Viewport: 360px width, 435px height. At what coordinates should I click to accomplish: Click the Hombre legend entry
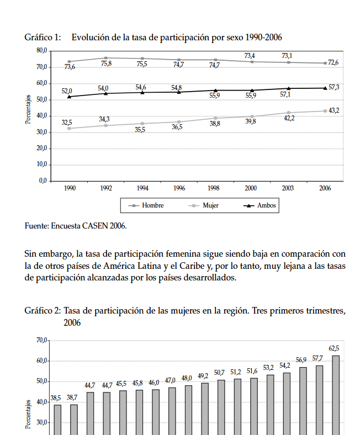pyautogui.click(x=147, y=205)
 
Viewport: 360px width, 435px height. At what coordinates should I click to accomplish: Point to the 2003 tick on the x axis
pyautogui.click(x=287, y=188)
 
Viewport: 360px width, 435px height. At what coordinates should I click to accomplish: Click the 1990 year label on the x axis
pyautogui.click(x=69, y=188)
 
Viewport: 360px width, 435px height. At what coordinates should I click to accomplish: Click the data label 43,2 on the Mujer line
pyautogui.click(x=333, y=110)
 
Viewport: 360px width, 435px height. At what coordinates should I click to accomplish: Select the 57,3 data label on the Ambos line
pyautogui.click(x=333, y=87)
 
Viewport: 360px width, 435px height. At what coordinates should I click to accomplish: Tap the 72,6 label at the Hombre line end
pyautogui.click(x=333, y=62)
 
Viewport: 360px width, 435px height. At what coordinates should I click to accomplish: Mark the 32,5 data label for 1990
pyautogui.click(x=67, y=122)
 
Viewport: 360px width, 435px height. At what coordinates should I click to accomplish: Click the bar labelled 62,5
pyautogui.click(x=335, y=395)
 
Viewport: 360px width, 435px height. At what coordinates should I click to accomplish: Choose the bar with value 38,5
pyautogui.click(x=57, y=420)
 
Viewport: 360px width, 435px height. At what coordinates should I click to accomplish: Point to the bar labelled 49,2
pyautogui.click(x=204, y=409)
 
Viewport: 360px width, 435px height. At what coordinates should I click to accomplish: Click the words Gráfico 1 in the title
pyautogui.click(x=43, y=38)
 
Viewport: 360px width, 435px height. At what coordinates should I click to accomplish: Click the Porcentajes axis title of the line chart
pyautogui.click(x=29, y=109)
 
